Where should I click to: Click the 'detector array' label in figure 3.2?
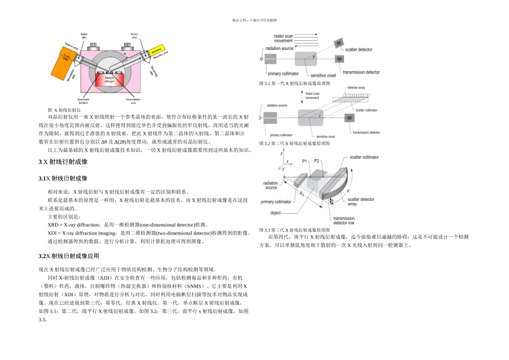coord(357,87)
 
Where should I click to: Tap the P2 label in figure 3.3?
coord(317,161)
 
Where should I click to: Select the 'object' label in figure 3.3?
coord(275,213)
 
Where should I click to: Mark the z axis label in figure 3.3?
coord(282,153)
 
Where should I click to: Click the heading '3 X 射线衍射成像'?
coord(63,161)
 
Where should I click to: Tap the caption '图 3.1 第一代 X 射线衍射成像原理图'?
coord(294,84)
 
